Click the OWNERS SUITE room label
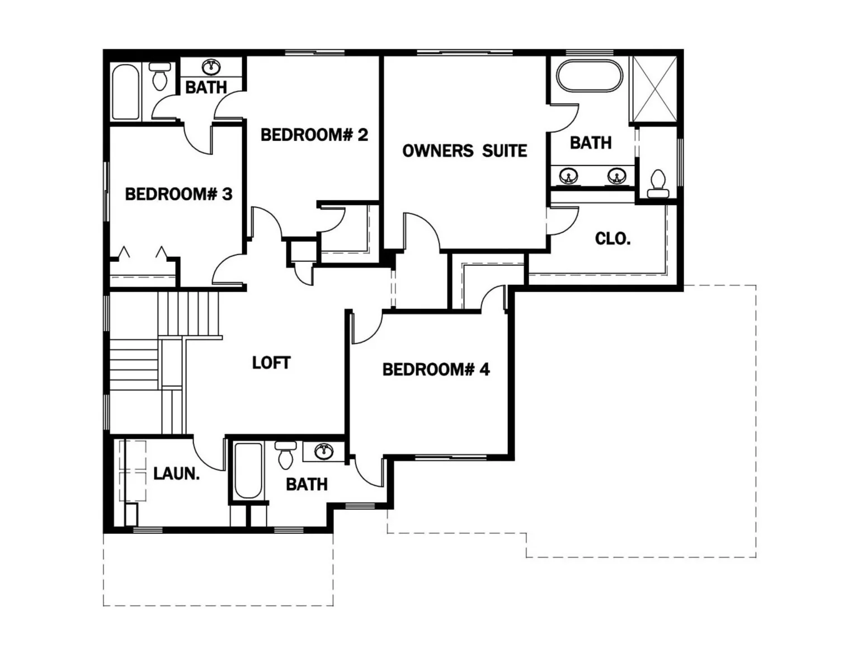pos(464,151)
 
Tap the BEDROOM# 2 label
pos(314,135)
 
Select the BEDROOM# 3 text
pos(178,194)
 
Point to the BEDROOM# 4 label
pos(436,369)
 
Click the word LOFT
pos(271,363)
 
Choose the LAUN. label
pos(176,473)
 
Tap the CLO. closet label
pos(613,238)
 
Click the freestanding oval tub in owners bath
pos(589,76)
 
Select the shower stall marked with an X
pos(654,88)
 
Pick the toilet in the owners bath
pos(658,184)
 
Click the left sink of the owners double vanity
pos(568,176)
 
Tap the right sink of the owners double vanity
pos(616,176)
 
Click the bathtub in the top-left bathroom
pos(125,92)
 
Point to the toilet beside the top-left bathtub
pos(160,76)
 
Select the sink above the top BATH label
pos(211,67)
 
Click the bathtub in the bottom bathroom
pos(248,470)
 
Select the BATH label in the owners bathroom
pos(590,143)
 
